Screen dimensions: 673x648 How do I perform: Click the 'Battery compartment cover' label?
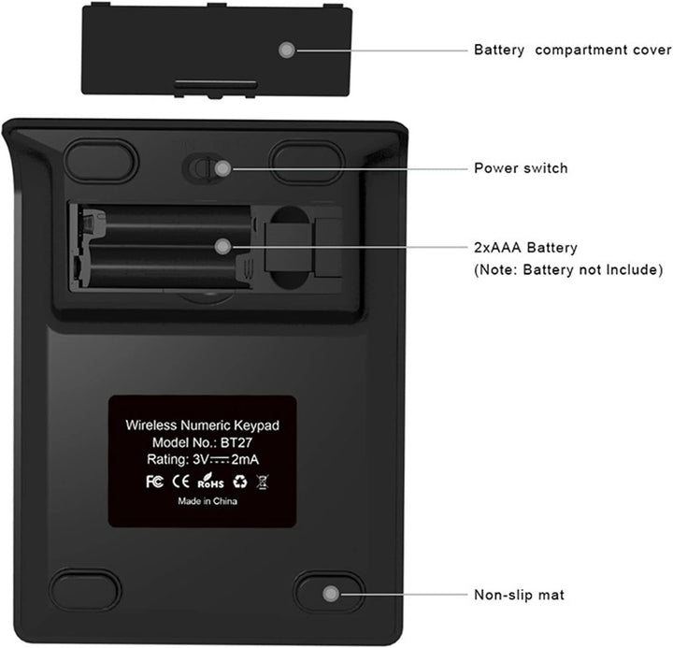tap(573, 50)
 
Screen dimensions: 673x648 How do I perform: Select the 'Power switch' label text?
tap(521, 168)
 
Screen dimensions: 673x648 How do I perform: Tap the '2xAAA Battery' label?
tap(525, 248)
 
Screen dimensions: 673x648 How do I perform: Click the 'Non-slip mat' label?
tap(519, 595)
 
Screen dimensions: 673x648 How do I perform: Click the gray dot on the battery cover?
tap(287, 50)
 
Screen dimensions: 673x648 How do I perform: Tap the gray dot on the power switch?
tap(222, 168)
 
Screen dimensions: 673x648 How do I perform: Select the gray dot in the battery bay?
tap(222, 247)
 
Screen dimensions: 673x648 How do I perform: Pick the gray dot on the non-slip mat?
tap(331, 594)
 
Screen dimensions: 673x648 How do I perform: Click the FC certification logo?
tap(154, 482)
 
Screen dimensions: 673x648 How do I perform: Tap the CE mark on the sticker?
tap(180, 482)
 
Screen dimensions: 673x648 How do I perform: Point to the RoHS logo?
tap(210, 481)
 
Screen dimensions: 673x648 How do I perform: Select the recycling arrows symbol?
tap(240, 482)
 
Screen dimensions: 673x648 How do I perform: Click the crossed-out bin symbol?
tap(263, 482)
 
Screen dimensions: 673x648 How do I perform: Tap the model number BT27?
tap(236, 442)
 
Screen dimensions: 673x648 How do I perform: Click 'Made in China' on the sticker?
tap(208, 501)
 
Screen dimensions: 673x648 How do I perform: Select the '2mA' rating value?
tap(245, 460)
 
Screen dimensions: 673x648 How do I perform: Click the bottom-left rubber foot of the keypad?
tap(85, 591)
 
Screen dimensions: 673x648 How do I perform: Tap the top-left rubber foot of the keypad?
tap(101, 161)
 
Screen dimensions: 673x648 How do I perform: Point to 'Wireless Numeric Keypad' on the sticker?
tap(202, 425)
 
